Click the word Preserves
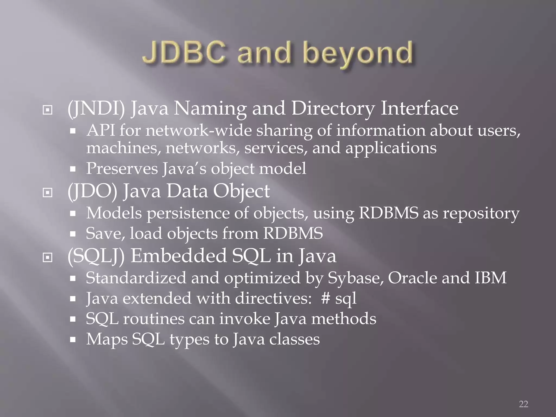click(x=122, y=168)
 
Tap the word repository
click(x=481, y=213)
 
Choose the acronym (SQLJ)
click(x=96, y=256)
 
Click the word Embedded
click(x=178, y=256)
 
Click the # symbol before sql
click(x=326, y=298)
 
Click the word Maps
click(x=107, y=339)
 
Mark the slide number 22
click(x=523, y=404)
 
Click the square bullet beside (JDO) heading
click(x=48, y=193)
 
